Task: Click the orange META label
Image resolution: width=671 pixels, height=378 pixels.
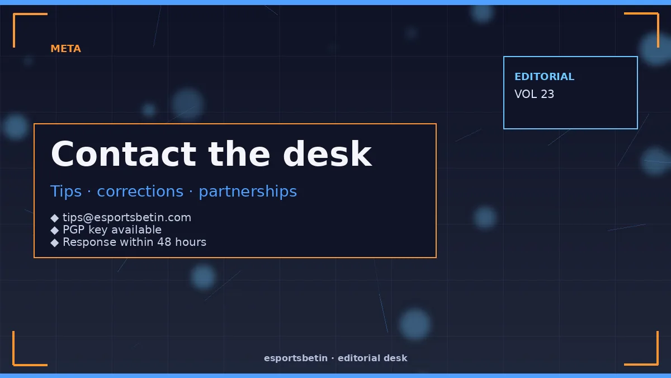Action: pos(65,49)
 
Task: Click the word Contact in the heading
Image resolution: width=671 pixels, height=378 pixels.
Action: pos(124,154)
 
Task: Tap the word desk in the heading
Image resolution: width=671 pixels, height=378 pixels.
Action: pos(328,153)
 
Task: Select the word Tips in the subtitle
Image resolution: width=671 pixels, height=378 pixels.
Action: pos(66,192)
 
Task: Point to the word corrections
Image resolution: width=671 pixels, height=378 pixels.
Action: pos(140,192)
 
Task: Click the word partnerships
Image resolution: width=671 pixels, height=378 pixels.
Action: pos(248,192)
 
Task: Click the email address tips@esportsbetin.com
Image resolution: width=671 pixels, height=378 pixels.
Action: pos(127,217)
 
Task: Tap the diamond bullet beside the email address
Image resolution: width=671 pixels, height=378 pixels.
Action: pos(55,218)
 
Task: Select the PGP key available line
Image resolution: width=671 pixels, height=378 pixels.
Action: pos(112,230)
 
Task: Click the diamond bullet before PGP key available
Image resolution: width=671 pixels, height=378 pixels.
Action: pos(55,230)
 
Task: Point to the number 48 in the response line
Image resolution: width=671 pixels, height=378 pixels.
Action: pos(164,242)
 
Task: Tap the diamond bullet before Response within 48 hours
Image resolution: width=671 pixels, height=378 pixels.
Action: pos(55,242)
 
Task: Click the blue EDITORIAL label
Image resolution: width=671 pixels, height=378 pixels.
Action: pos(544,77)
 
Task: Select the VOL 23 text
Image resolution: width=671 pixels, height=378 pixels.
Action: pos(534,94)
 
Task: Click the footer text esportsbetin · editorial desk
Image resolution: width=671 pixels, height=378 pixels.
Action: pos(335,358)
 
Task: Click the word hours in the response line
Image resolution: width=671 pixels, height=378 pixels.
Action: pos(191,242)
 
